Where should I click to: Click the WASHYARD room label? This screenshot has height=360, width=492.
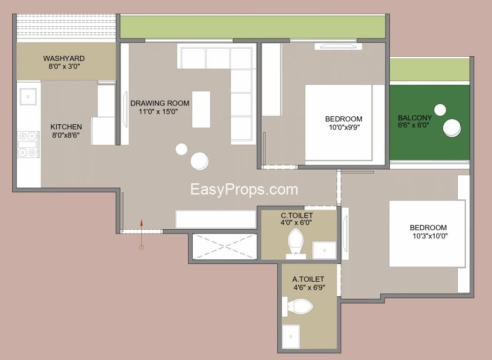tap(64, 58)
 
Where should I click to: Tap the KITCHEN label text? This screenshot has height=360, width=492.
tap(66, 127)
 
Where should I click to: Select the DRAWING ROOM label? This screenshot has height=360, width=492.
tap(160, 103)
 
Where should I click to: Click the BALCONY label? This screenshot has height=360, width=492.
tap(415, 118)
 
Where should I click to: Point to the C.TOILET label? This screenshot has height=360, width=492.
tap(297, 216)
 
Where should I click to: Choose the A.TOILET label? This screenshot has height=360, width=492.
tap(308, 279)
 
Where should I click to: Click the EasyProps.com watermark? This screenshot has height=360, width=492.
tap(244, 189)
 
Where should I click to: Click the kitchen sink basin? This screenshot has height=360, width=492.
tap(28, 97)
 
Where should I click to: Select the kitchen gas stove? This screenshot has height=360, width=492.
tap(28, 144)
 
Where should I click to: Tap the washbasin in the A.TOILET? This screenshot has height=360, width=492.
tap(290, 337)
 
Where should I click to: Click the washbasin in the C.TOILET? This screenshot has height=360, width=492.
tap(325, 250)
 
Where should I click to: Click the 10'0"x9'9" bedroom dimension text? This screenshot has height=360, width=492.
tap(344, 127)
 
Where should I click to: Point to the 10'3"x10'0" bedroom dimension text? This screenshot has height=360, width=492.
tap(430, 236)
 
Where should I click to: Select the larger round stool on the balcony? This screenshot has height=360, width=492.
tap(452, 127)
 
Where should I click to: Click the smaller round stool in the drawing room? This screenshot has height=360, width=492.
tap(182, 149)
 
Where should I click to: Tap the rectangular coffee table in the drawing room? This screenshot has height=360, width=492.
tap(201, 109)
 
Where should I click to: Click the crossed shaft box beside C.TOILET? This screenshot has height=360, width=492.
tap(225, 247)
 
